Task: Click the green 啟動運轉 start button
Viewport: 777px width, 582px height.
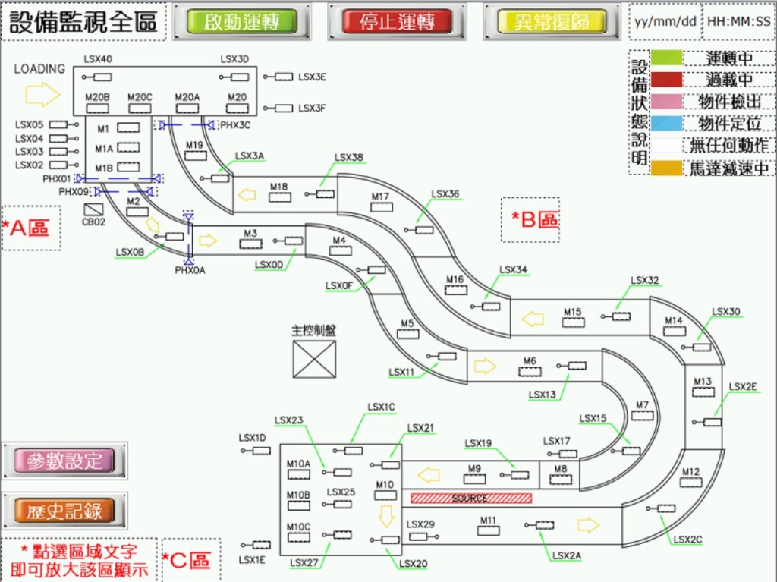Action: (243, 21)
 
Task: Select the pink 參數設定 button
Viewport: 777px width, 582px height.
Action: (64, 461)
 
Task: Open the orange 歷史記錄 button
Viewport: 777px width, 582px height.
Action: (64, 511)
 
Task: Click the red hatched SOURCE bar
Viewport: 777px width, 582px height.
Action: (470, 499)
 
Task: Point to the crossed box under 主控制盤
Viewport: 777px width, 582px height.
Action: (314, 359)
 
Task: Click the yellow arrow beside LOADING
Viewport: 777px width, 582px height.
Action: (42, 94)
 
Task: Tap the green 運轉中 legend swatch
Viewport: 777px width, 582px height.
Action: (665, 58)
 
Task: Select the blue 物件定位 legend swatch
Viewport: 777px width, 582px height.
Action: (665, 124)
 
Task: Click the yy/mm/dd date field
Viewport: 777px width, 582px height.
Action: (665, 21)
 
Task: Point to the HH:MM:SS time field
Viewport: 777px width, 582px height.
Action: (739, 21)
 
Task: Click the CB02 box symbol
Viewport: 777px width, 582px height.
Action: (93, 209)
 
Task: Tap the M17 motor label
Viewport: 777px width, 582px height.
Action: (380, 197)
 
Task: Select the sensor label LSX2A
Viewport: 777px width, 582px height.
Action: (566, 556)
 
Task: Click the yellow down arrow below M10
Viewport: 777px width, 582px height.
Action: (386, 516)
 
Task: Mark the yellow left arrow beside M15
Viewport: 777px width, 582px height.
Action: (533, 319)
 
